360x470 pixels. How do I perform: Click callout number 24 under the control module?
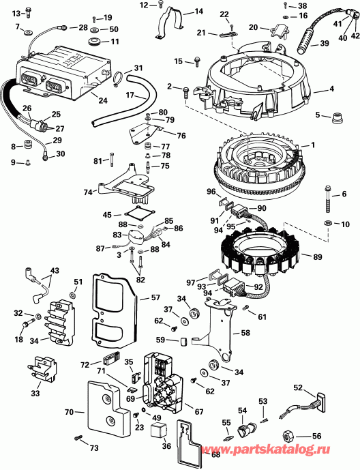[103, 100]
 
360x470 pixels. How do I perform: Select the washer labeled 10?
[327, 224]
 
